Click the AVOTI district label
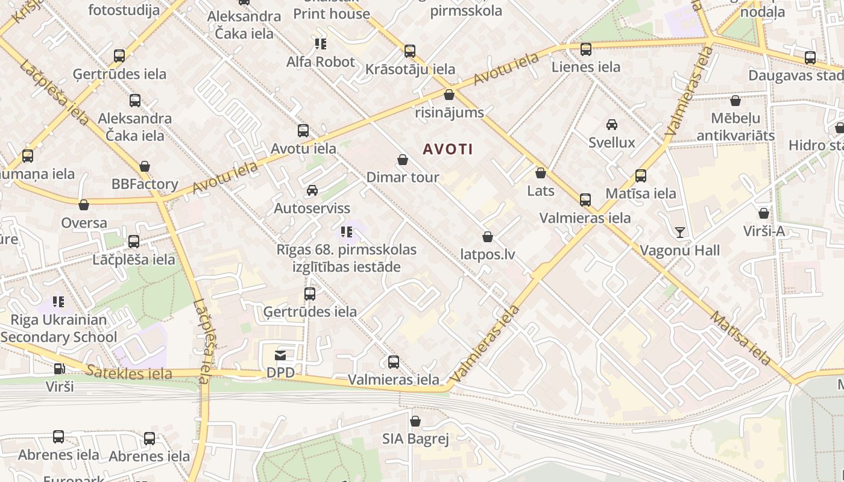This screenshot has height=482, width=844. click(448, 149)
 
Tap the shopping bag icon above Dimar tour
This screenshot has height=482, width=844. click(403, 160)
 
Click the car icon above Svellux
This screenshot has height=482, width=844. click(612, 125)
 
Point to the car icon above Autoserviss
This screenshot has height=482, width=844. click(312, 190)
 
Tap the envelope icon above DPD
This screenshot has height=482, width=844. click(280, 355)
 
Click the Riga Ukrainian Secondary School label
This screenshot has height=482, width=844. click(58, 328)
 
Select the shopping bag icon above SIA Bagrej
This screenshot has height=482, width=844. click(415, 421)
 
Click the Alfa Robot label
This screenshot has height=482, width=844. click(321, 61)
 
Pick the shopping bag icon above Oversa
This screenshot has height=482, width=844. click(84, 205)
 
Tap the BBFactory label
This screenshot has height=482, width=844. click(145, 184)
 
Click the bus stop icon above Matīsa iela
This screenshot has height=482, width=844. click(641, 176)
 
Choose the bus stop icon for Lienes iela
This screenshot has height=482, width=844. click(585, 49)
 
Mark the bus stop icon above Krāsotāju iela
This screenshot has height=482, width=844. click(410, 51)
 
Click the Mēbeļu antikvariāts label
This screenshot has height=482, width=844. click(735, 127)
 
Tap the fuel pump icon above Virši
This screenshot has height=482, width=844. click(59, 369)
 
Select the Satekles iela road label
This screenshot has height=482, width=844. click(128, 373)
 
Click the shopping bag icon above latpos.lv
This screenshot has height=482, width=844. click(488, 237)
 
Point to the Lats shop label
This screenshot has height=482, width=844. click(540, 191)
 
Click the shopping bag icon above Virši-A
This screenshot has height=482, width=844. click(764, 213)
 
